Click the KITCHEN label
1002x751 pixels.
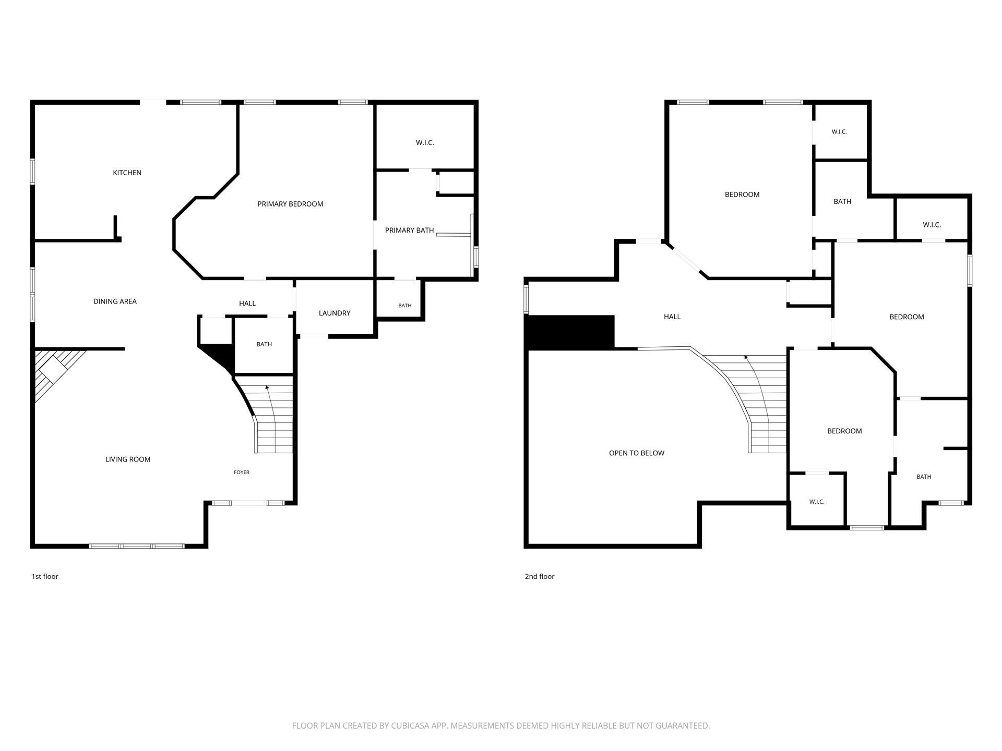(x=127, y=173)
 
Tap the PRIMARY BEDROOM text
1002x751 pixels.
(x=290, y=204)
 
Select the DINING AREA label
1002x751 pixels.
(x=115, y=301)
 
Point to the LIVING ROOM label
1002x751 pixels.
(x=128, y=459)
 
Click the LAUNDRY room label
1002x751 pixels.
(x=335, y=313)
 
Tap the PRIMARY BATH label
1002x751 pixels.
(x=410, y=230)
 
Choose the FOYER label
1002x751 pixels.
(x=242, y=473)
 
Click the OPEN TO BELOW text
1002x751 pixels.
(x=637, y=453)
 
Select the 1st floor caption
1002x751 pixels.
(x=45, y=576)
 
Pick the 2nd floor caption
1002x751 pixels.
(x=540, y=576)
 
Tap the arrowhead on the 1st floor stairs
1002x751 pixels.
(x=267, y=387)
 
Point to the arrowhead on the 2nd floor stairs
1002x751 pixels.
(x=746, y=358)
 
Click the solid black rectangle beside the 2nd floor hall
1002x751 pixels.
(x=571, y=333)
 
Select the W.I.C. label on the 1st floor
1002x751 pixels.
(x=425, y=142)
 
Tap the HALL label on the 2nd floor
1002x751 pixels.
(x=672, y=317)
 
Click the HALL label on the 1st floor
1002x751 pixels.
(x=247, y=303)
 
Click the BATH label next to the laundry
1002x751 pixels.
(x=405, y=306)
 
